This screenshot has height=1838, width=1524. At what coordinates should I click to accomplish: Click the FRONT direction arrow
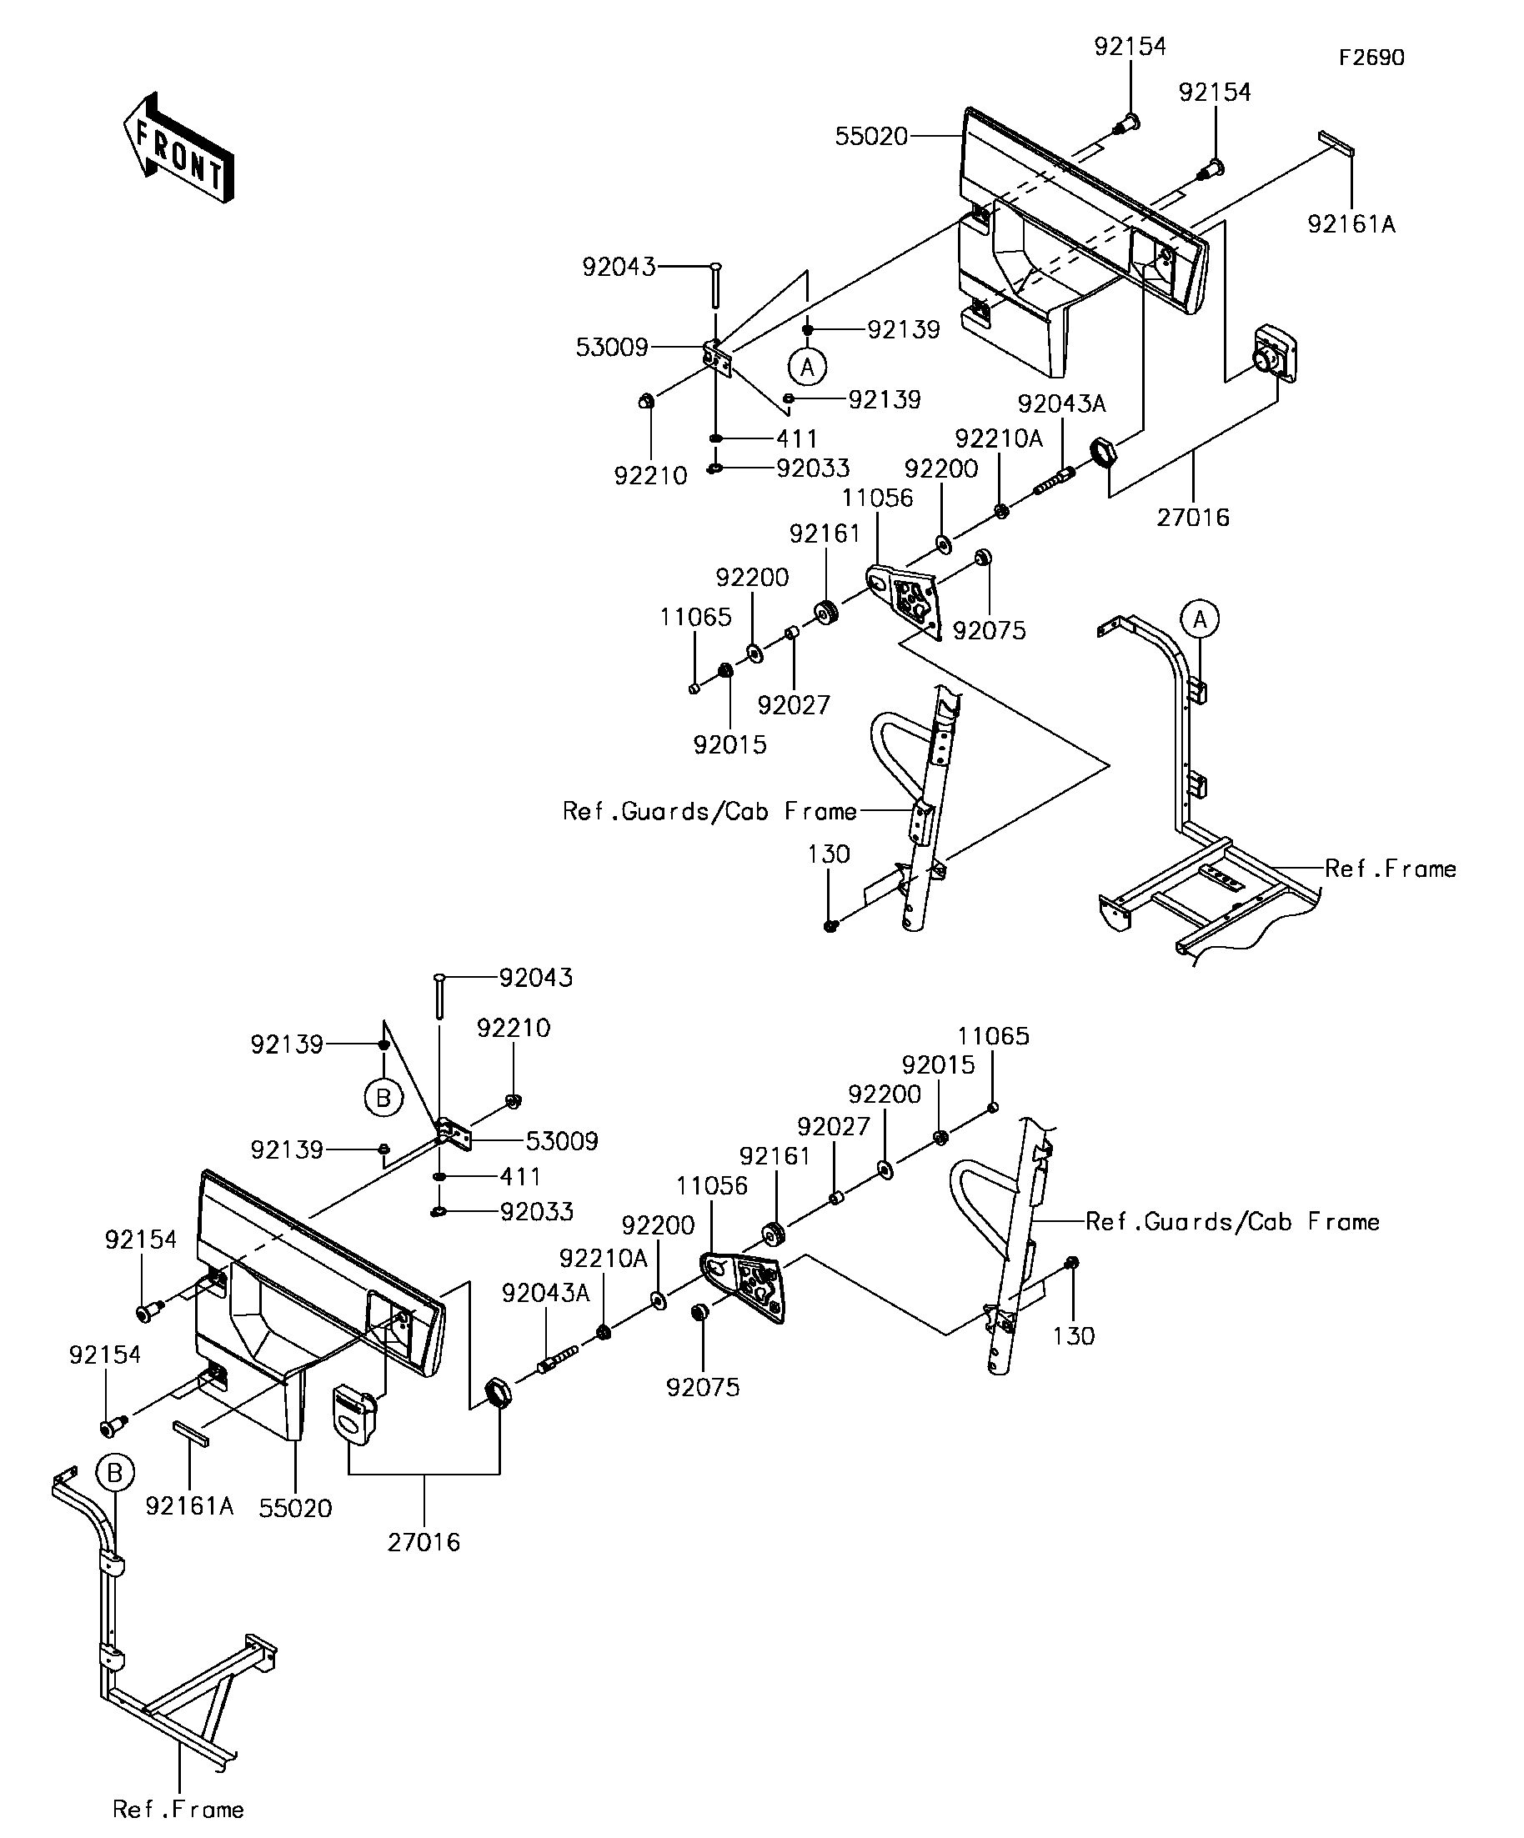[x=178, y=148]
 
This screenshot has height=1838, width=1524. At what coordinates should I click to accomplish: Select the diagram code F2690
[x=1371, y=58]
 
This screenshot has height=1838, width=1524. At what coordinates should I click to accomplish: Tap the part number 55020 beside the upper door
[x=871, y=137]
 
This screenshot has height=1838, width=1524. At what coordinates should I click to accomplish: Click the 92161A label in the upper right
[x=1351, y=225]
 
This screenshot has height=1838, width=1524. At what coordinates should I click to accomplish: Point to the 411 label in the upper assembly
[x=796, y=438]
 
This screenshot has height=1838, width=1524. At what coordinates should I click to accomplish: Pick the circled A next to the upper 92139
[x=807, y=367]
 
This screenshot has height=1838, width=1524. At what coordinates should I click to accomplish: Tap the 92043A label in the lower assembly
[x=546, y=1293]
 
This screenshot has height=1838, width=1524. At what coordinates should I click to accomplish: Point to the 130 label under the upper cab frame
[x=828, y=854]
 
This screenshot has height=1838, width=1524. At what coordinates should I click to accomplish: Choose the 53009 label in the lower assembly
[x=562, y=1141]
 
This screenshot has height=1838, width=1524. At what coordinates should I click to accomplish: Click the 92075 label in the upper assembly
[x=989, y=631]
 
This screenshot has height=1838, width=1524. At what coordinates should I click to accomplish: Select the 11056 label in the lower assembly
[x=713, y=1186]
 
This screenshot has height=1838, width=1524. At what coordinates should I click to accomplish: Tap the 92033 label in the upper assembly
[x=813, y=468]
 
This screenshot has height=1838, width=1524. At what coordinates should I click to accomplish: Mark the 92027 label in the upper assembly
[x=794, y=704]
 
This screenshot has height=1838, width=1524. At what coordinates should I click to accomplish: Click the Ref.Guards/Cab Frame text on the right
[x=1232, y=1222]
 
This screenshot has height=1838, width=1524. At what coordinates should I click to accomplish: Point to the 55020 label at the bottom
[x=296, y=1508]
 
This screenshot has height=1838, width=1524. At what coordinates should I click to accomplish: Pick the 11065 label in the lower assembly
[x=994, y=1036]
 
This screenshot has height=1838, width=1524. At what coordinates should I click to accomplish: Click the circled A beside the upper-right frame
[x=1201, y=619]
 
